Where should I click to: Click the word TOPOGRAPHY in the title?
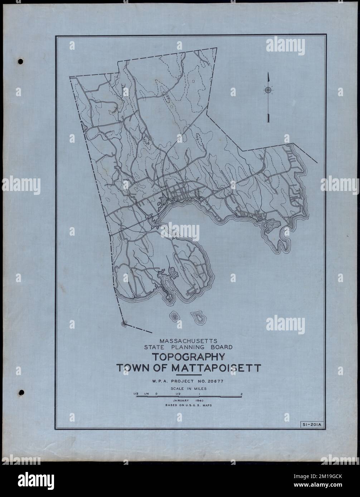pos(189,356)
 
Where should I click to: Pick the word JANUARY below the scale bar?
pos(180,400)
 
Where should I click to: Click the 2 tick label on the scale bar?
pos(242,394)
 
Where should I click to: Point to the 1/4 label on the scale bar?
pos(146,394)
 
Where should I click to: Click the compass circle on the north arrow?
pos(268,90)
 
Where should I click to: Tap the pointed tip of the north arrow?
pos(268,73)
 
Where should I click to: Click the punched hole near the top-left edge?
pos(20,61)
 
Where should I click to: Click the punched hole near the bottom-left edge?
pos(21,392)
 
